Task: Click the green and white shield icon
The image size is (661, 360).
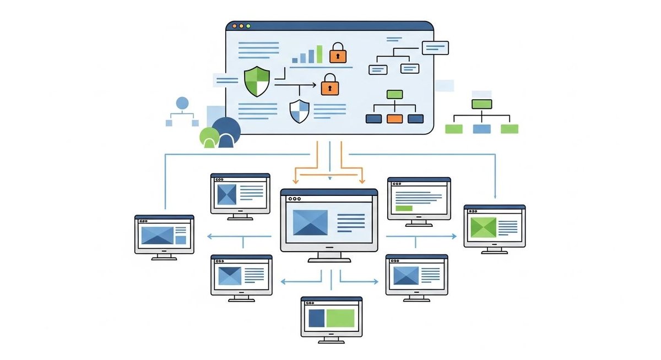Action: click(257, 81)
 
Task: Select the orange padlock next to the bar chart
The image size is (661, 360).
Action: click(338, 53)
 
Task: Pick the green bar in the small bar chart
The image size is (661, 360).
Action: click(319, 54)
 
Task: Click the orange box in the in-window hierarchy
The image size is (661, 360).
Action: click(394, 118)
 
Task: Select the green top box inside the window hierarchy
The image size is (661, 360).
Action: click(394, 94)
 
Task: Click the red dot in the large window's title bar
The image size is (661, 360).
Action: click(234, 26)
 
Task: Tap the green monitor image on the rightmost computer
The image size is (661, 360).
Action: click(483, 227)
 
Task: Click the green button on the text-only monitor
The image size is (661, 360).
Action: click(404, 208)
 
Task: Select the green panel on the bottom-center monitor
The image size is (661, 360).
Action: click(340, 319)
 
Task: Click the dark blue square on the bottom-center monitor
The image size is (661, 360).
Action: click(316, 319)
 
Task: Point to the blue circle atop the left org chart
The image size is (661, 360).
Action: click(182, 102)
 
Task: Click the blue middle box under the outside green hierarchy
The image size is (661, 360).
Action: click(481, 129)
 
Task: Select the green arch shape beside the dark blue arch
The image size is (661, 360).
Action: click(209, 138)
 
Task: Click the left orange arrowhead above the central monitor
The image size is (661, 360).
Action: click(296, 181)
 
